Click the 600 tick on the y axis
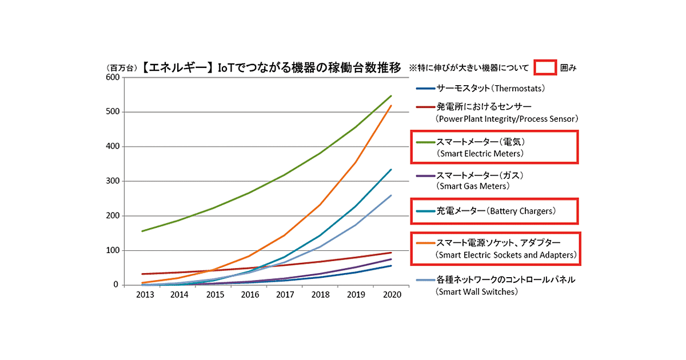click(112, 78)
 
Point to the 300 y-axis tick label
click(112, 181)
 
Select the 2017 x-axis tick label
click(284, 295)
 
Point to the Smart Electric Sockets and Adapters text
click(505, 255)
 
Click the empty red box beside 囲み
click(545, 67)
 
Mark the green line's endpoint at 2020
click(391, 95)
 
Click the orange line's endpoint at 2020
click(391, 105)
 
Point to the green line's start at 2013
click(141, 231)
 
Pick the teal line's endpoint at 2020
click(391, 169)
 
